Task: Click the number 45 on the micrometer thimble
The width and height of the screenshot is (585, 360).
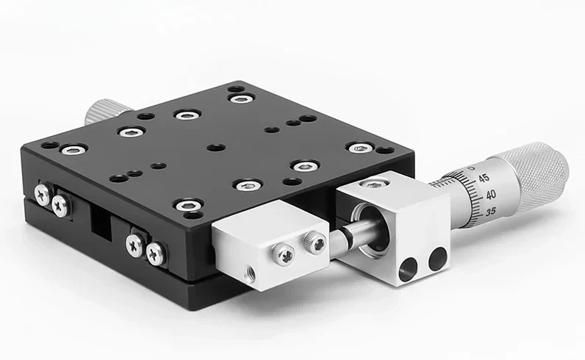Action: click(x=484, y=178)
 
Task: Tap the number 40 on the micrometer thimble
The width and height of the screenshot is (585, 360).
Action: click(x=491, y=195)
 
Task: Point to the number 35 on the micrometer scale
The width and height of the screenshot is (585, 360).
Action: click(x=491, y=212)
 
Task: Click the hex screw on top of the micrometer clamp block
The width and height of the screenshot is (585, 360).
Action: click(x=373, y=184)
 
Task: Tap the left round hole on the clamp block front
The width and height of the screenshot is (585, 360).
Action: click(x=408, y=270)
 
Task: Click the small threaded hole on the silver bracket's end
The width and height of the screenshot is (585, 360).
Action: click(x=248, y=270)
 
